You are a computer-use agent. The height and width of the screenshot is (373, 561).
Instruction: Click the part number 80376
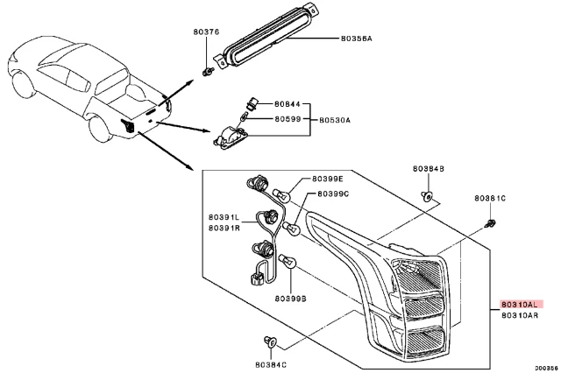tap(206, 32)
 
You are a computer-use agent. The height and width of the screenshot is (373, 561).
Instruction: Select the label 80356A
tap(356, 39)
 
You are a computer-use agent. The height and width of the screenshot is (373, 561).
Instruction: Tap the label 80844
tap(288, 104)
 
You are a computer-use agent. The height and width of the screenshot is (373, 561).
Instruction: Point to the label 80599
tap(288, 118)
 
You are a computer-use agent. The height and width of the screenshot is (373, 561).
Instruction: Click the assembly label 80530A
tap(335, 120)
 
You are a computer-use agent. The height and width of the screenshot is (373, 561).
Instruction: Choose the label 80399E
tap(327, 179)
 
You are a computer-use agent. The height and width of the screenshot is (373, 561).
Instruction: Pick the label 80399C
tap(333, 194)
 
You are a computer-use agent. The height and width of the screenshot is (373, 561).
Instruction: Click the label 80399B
tap(290, 299)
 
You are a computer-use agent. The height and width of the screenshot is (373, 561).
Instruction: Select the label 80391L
tap(224, 217)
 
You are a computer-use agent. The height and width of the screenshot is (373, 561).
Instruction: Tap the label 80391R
tap(224, 228)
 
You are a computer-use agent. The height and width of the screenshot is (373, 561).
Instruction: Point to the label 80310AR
tap(520, 315)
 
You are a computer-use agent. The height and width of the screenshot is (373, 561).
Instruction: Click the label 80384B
tap(429, 169)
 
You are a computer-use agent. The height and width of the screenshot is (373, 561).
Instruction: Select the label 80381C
tap(490, 198)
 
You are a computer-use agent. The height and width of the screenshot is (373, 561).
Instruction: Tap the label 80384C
tap(271, 365)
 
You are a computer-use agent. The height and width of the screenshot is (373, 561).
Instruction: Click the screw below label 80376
tap(208, 72)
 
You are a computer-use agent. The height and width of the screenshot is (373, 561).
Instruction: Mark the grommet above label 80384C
tap(271, 341)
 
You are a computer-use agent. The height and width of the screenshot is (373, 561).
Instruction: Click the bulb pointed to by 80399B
tap(288, 262)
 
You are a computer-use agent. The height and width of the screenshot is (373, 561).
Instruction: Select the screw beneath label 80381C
tap(490, 223)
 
